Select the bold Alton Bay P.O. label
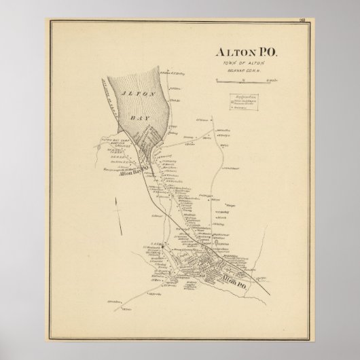tap(135, 174)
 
